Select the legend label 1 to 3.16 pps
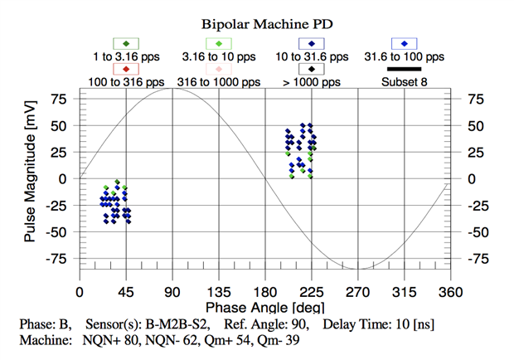click(x=125, y=57)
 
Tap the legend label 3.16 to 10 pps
click(x=218, y=57)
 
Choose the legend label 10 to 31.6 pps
click(x=311, y=57)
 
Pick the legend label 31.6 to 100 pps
click(x=404, y=57)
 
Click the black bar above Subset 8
click(x=404, y=69)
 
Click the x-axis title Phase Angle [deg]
click(x=263, y=308)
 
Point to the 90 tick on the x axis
click(x=172, y=292)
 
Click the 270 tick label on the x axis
click(x=357, y=292)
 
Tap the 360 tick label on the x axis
click(x=450, y=292)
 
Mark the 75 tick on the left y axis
click(x=58, y=100)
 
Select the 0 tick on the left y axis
click(x=61, y=179)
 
